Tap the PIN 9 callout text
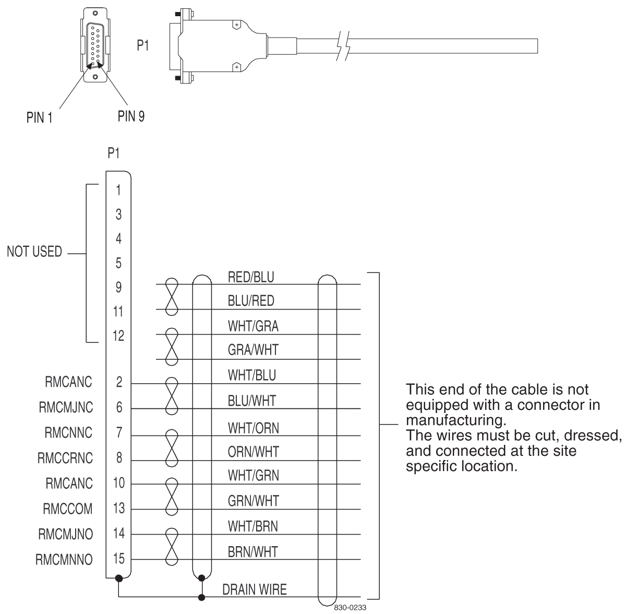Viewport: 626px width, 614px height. coord(131,116)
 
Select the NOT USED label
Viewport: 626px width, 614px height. coord(34,252)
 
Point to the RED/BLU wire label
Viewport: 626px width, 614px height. coord(251,277)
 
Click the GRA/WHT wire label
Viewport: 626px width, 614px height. coord(253,350)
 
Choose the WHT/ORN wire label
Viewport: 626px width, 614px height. coord(254,429)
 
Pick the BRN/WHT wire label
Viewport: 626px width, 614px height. coord(253,551)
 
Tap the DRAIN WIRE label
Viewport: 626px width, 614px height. coord(255,590)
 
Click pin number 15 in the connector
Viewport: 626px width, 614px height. coord(119,559)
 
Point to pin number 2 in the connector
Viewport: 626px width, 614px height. coord(119,382)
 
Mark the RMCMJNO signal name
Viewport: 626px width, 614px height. coord(65,534)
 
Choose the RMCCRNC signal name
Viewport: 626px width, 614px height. coord(65,459)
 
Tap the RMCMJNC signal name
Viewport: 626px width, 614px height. coord(66,408)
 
